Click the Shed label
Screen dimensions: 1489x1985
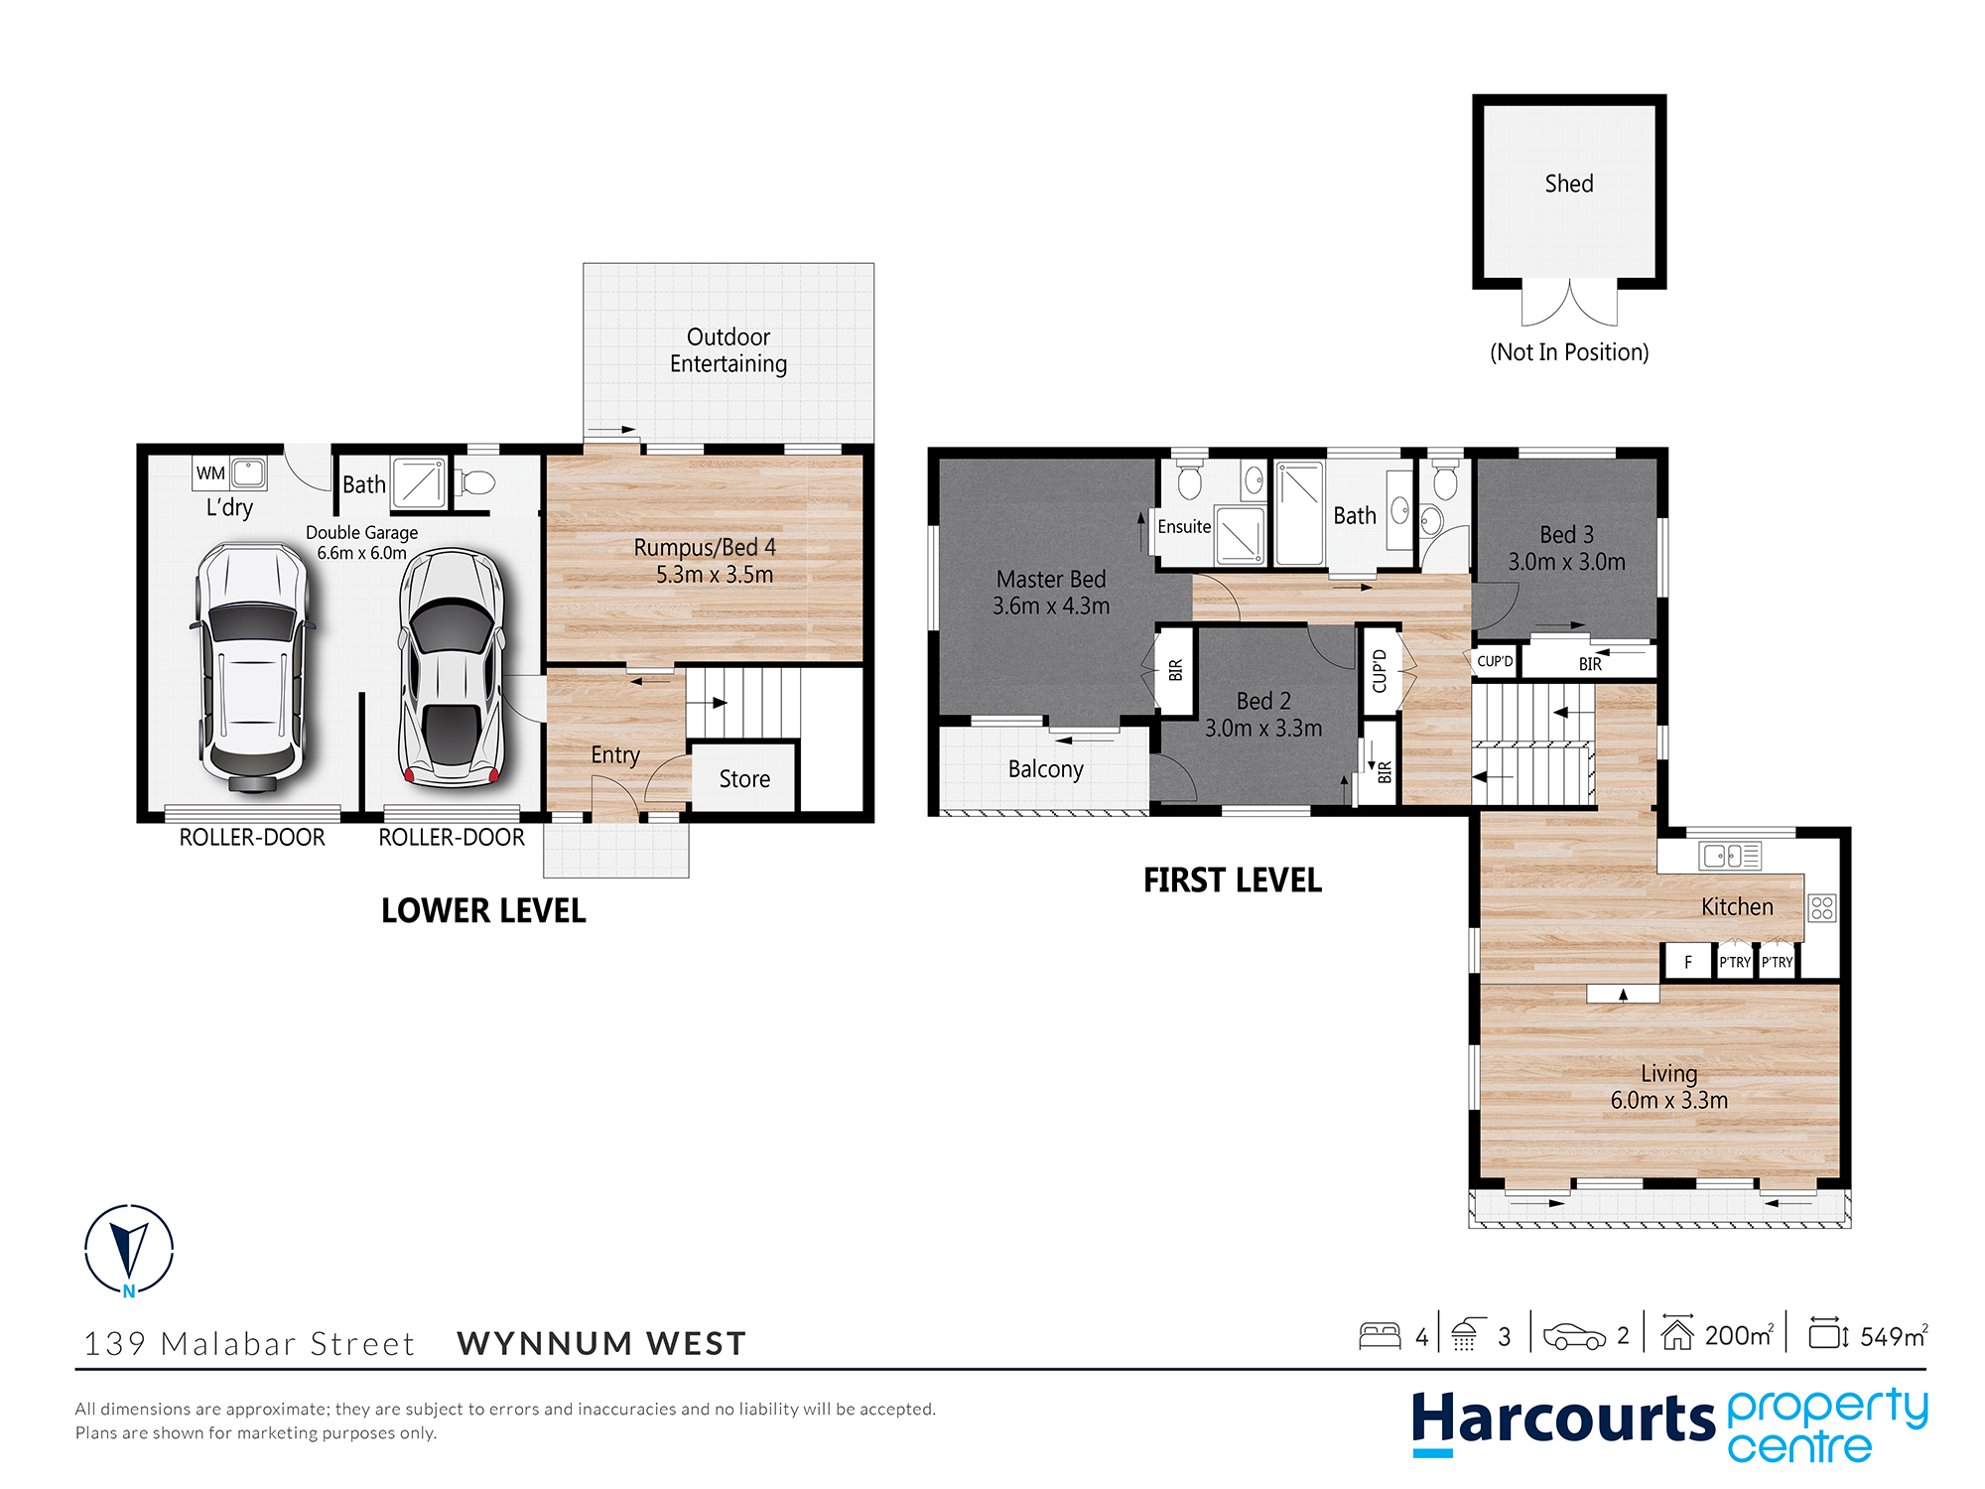1568,184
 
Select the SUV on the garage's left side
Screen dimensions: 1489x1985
252,665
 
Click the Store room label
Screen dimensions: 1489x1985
744,779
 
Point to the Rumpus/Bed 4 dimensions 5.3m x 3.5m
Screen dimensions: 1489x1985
714,575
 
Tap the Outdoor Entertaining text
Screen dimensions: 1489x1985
728,350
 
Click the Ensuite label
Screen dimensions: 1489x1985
1184,526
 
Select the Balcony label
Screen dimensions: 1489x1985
1045,769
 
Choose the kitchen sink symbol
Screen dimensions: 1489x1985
1730,855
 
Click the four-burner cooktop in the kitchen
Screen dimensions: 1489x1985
1821,907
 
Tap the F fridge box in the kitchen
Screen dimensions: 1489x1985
1687,962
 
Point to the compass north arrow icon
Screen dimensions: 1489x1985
129,1249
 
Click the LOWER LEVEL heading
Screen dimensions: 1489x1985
483,910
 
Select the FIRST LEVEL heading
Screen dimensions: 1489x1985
1232,880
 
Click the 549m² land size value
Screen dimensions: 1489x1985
1892,1336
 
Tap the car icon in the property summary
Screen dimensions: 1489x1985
1574,1336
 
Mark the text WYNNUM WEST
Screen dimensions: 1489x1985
601,1343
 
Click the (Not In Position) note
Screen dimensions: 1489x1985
1568,352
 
